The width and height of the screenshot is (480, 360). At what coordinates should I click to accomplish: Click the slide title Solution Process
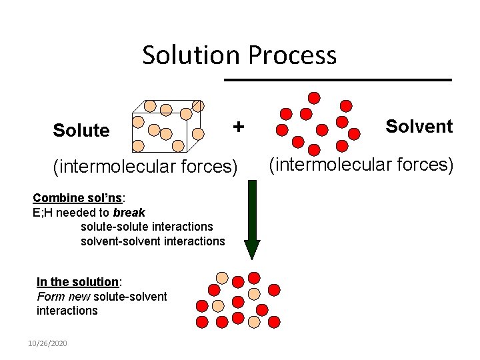pyautogui.click(x=239, y=55)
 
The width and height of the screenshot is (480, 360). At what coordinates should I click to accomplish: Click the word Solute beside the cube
pyautogui.click(x=81, y=131)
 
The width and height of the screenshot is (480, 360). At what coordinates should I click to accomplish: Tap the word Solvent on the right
pyautogui.click(x=419, y=126)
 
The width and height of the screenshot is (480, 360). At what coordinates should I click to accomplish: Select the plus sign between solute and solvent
pyautogui.click(x=238, y=126)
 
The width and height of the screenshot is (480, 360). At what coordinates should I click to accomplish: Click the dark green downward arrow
pyautogui.click(x=252, y=219)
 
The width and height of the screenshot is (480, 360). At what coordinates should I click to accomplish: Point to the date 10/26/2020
pyautogui.click(x=47, y=343)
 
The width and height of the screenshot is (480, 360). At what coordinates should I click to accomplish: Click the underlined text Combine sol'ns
pyautogui.click(x=77, y=198)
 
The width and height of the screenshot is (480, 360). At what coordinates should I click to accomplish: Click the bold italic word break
pyautogui.click(x=129, y=213)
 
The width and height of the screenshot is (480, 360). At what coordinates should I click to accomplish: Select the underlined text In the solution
pyautogui.click(x=77, y=282)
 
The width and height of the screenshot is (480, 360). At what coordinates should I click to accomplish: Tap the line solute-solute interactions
pyautogui.click(x=147, y=227)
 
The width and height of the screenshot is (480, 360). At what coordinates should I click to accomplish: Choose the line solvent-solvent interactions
pyautogui.click(x=153, y=241)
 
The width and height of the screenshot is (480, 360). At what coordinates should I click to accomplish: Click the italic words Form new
pyautogui.click(x=64, y=297)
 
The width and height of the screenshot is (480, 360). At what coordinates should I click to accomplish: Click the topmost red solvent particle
pyautogui.click(x=314, y=98)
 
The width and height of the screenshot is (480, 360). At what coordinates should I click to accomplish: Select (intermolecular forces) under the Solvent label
pyautogui.click(x=361, y=163)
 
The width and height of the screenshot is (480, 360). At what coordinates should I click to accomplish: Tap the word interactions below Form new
pyautogui.click(x=67, y=311)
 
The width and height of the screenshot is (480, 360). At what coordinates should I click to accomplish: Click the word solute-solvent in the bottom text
pyautogui.click(x=131, y=297)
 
